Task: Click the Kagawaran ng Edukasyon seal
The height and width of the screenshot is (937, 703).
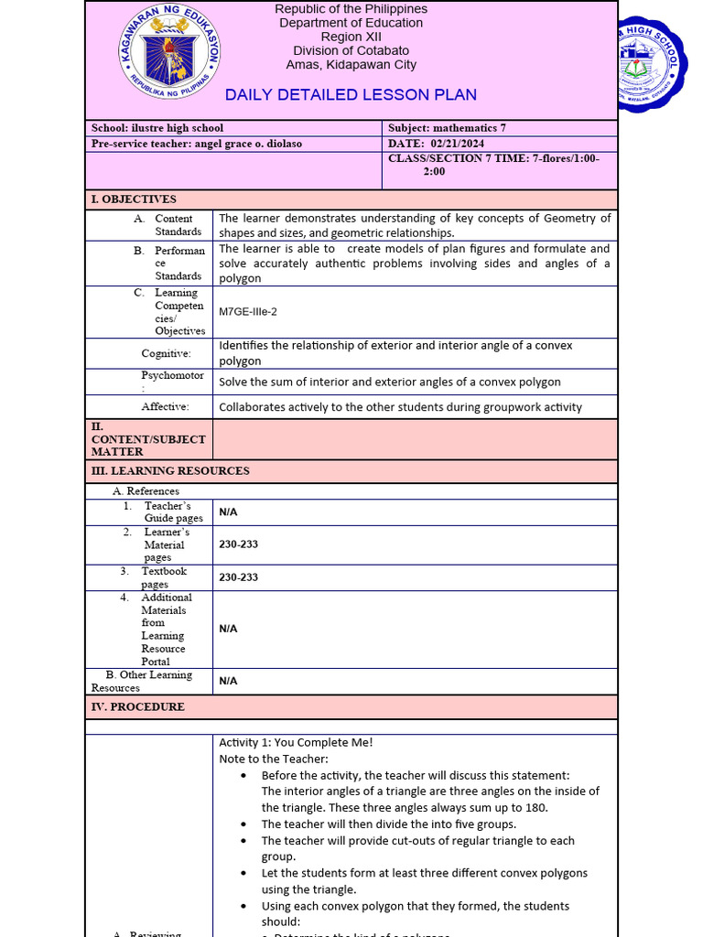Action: point(169,59)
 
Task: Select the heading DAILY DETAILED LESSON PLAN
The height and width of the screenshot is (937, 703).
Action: point(351,95)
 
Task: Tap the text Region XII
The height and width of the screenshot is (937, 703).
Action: point(351,37)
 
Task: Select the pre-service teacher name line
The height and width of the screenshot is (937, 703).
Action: point(197,144)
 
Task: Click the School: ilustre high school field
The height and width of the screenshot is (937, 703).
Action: point(157,128)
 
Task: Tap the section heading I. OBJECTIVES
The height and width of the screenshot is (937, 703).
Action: point(134,199)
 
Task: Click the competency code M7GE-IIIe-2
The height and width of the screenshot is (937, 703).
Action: point(248,312)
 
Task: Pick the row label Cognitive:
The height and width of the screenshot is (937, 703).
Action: point(166,353)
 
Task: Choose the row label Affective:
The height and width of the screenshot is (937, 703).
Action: point(165,406)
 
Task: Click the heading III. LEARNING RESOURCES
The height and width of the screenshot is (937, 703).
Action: point(170,471)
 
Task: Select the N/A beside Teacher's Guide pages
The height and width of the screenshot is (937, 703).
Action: point(228,512)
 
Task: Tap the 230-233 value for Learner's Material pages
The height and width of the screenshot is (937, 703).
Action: point(238,544)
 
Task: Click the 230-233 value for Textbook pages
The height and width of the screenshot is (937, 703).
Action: point(238,577)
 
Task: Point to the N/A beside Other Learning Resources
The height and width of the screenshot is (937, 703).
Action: point(228,681)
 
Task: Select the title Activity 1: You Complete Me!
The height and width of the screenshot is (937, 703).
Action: point(296,742)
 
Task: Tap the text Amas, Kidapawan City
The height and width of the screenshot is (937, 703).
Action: point(351,65)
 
